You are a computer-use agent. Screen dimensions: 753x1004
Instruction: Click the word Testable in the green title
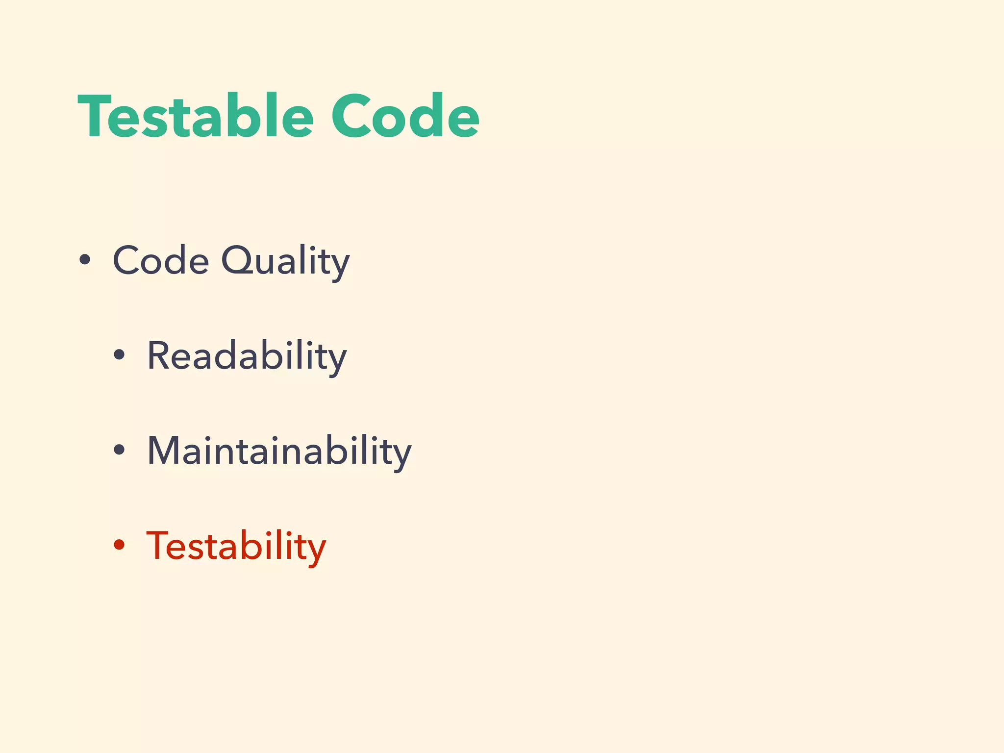(x=195, y=117)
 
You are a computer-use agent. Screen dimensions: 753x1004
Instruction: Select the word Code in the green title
(x=405, y=117)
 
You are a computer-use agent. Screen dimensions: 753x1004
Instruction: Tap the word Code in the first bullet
(x=161, y=260)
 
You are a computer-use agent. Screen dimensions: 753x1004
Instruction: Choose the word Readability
(x=247, y=356)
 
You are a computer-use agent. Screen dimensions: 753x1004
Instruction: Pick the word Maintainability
(x=279, y=452)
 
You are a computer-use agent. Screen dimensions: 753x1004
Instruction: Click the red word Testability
(x=236, y=547)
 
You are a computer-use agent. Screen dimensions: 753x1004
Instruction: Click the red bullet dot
(x=119, y=545)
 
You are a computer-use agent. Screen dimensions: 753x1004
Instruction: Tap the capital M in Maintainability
(x=165, y=451)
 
